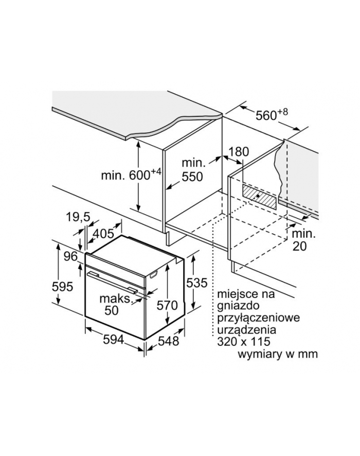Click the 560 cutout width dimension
click(272, 115)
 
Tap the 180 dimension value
click(239, 152)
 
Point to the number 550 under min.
click(192, 177)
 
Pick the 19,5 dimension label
click(78, 217)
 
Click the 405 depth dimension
click(103, 234)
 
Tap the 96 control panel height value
click(71, 256)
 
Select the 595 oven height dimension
click(62, 287)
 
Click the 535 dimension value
click(196, 283)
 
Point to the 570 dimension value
click(167, 305)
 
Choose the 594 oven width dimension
click(114, 339)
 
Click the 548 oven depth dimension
click(169, 341)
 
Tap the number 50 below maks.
click(112, 310)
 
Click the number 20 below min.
click(299, 247)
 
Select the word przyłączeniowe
click(258, 318)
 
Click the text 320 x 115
click(244, 341)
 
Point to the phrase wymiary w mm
click(278, 354)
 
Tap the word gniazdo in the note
click(238, 306)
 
